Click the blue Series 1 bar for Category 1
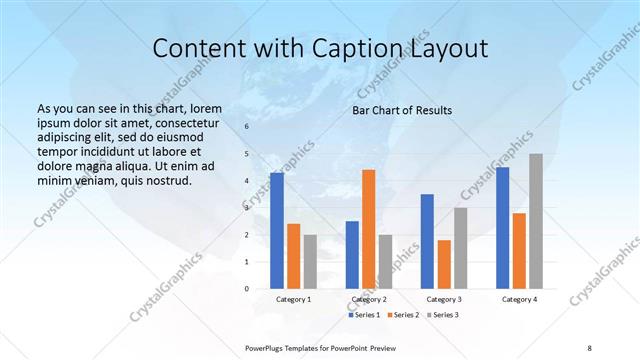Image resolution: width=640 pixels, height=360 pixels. pyautogui.click(x=277, y=231)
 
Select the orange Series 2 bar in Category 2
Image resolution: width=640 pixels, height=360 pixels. pyautogui.click(x=368, y=229)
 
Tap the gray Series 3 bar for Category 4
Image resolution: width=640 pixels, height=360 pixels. pyautogui.click(x=536, y=221)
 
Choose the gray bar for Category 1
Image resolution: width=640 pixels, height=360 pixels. pyautogui.click(x=310, y=262)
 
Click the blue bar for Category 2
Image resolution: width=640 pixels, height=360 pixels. pyautogui.click(x=352, y=255)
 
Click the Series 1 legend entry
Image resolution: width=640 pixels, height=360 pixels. pyautogui.click(x=364, y=315)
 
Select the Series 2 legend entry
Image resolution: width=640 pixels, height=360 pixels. pyautogui.click(x=402, y=315)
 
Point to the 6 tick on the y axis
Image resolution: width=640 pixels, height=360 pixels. pyautogui.click(x=246, y=127)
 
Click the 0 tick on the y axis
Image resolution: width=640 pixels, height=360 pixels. pyautogui.click(x=246, y=289)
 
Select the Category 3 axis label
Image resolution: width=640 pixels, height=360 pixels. pyautogui.click(x=444, y=299)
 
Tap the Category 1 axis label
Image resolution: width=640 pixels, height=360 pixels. pyautogui.click(x=293, y=299)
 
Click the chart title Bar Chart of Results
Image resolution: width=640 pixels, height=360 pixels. pyautogui.click(x=401, y=110)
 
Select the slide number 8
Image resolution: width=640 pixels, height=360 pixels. pyautogui.click(x=589, y=347)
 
